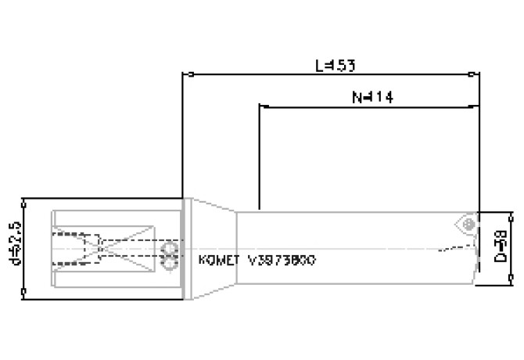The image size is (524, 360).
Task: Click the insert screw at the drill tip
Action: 468,223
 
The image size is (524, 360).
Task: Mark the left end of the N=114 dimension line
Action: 260,106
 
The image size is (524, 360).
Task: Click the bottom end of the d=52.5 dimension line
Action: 26,296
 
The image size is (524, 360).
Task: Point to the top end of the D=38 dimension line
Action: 511,212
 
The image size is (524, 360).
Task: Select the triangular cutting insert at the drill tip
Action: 465,222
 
